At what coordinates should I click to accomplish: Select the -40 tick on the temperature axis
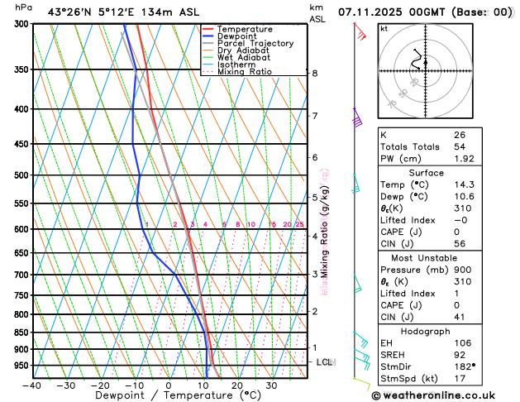click(x=32, y=385)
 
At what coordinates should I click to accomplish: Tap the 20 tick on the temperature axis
click(x=236, y=385)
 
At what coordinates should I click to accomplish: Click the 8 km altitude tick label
click(x=315, y=73)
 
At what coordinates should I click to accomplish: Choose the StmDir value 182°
click(x=465, y=366)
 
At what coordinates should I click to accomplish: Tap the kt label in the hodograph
click(x=384, y=29)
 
